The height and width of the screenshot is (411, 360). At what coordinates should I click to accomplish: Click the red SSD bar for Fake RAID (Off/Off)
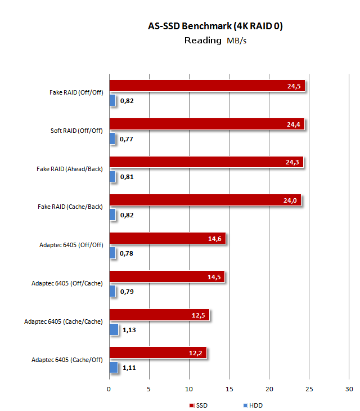click(x=206, y=86)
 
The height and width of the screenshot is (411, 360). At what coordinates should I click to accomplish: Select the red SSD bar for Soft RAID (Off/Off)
click(x=206, y=124)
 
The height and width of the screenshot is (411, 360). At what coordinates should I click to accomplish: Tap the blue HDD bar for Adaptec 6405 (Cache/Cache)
click(x=114, y=329)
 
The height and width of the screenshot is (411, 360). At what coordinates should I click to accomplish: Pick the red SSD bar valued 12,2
click(x=157, y=352)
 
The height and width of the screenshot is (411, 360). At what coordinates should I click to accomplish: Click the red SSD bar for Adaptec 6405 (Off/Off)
click(x=167, y=238)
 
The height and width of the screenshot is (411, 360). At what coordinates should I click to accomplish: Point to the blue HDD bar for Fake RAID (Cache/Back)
click(x=112, y=215)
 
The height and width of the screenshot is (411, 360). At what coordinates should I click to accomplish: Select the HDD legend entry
click(x=253, y=405)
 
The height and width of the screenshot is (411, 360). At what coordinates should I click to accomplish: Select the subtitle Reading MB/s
click(x=213, y=41)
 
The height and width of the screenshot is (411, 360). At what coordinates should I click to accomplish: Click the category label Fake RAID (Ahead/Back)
click(x=70, y=168)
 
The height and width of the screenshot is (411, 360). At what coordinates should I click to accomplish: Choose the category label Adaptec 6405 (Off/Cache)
click(x=67, y=283)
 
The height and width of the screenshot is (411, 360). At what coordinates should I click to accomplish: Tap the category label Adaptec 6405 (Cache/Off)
click(x=67, y=359)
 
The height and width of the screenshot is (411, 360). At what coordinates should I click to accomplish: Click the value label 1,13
click(x=129, y=330)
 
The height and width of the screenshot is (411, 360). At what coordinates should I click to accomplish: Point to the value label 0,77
click(x=127, y=140)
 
